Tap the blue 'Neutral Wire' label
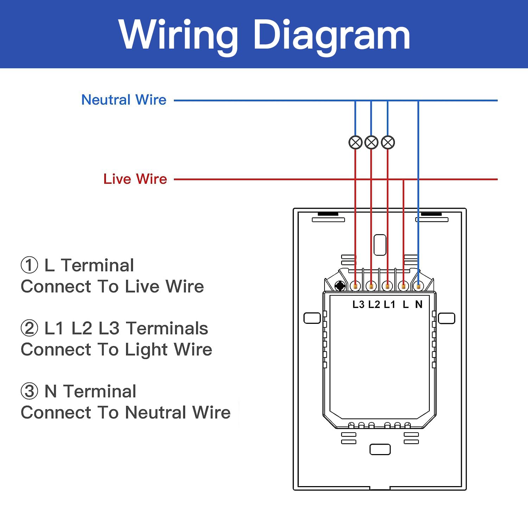point(124,100)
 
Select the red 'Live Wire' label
point(135,179)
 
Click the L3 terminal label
point(358,304)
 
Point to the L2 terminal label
point(374,304)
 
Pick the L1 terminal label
point(389,304)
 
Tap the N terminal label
point(419,304)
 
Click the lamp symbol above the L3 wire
point(356,143)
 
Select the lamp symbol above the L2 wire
point(371,143)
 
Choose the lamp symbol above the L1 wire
point(388,143)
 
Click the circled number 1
point(29,265)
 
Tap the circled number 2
point(29,328)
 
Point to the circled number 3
point(29,391)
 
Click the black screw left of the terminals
point(340,286)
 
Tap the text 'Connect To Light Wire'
point(117,350)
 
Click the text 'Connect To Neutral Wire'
point(126,413)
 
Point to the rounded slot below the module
point(380,450)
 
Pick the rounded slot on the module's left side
point(312,318)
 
